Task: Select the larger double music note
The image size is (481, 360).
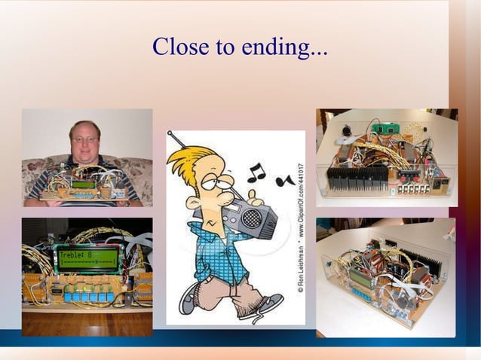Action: click(257, 173)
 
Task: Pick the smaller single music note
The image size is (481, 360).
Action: click(284, 182)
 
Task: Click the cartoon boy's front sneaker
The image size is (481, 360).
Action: click(267, 305)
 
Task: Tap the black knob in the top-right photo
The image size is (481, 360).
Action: click(348, 130)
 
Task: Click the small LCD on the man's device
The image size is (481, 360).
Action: click(84, 184)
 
